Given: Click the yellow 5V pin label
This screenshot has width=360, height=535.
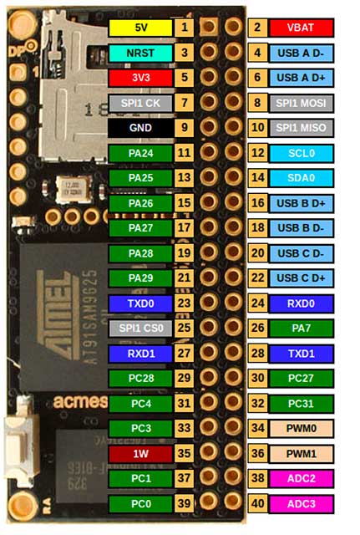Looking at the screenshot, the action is tap(140, 28).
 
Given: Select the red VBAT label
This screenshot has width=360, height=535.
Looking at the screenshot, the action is tap(301, 28).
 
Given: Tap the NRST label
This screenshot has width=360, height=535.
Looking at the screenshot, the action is tap(140, 53).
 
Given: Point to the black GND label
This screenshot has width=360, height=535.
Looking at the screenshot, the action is tap(140, 128).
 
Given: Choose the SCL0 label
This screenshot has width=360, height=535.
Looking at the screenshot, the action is tap(301, 153).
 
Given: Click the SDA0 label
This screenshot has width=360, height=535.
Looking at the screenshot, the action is tap(301, 178).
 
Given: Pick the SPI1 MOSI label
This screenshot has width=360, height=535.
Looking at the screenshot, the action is tap(301, 103).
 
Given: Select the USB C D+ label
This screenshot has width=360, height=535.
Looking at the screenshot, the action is tap(301, 278).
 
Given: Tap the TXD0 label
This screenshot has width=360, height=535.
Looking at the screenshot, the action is tap(140, 303).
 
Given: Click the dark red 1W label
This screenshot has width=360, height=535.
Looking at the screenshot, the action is tap(140, 454).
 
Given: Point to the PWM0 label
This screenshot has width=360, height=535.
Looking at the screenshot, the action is tap(301, 428).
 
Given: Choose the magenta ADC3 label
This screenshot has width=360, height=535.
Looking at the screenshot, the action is tap(301, 504).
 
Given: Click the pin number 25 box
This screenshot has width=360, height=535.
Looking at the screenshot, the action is tap(184, 329).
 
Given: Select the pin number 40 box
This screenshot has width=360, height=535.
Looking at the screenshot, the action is tap(257, 504).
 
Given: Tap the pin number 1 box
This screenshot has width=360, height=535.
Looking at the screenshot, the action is tap(184, 28).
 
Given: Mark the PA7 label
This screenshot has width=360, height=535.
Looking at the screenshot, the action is tap(301, 329).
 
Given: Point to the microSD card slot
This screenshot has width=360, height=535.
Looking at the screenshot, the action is tap(74, 85).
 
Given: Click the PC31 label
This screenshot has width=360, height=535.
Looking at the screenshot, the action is tap(301, 404).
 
